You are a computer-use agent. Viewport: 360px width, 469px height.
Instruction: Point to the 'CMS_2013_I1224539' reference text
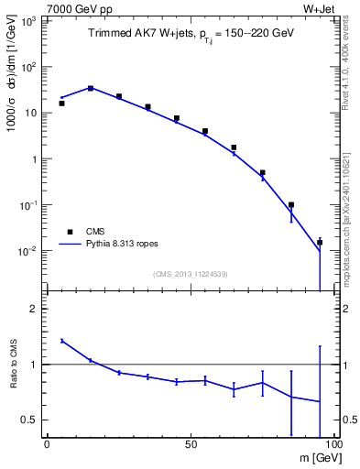[x=190, y=274]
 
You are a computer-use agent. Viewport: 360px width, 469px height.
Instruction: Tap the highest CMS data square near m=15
[x=90, y=88]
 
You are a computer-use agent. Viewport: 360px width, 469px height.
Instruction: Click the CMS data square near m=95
[x=320, y=243]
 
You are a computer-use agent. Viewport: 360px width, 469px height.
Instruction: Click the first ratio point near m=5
[x=61, y=341]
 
